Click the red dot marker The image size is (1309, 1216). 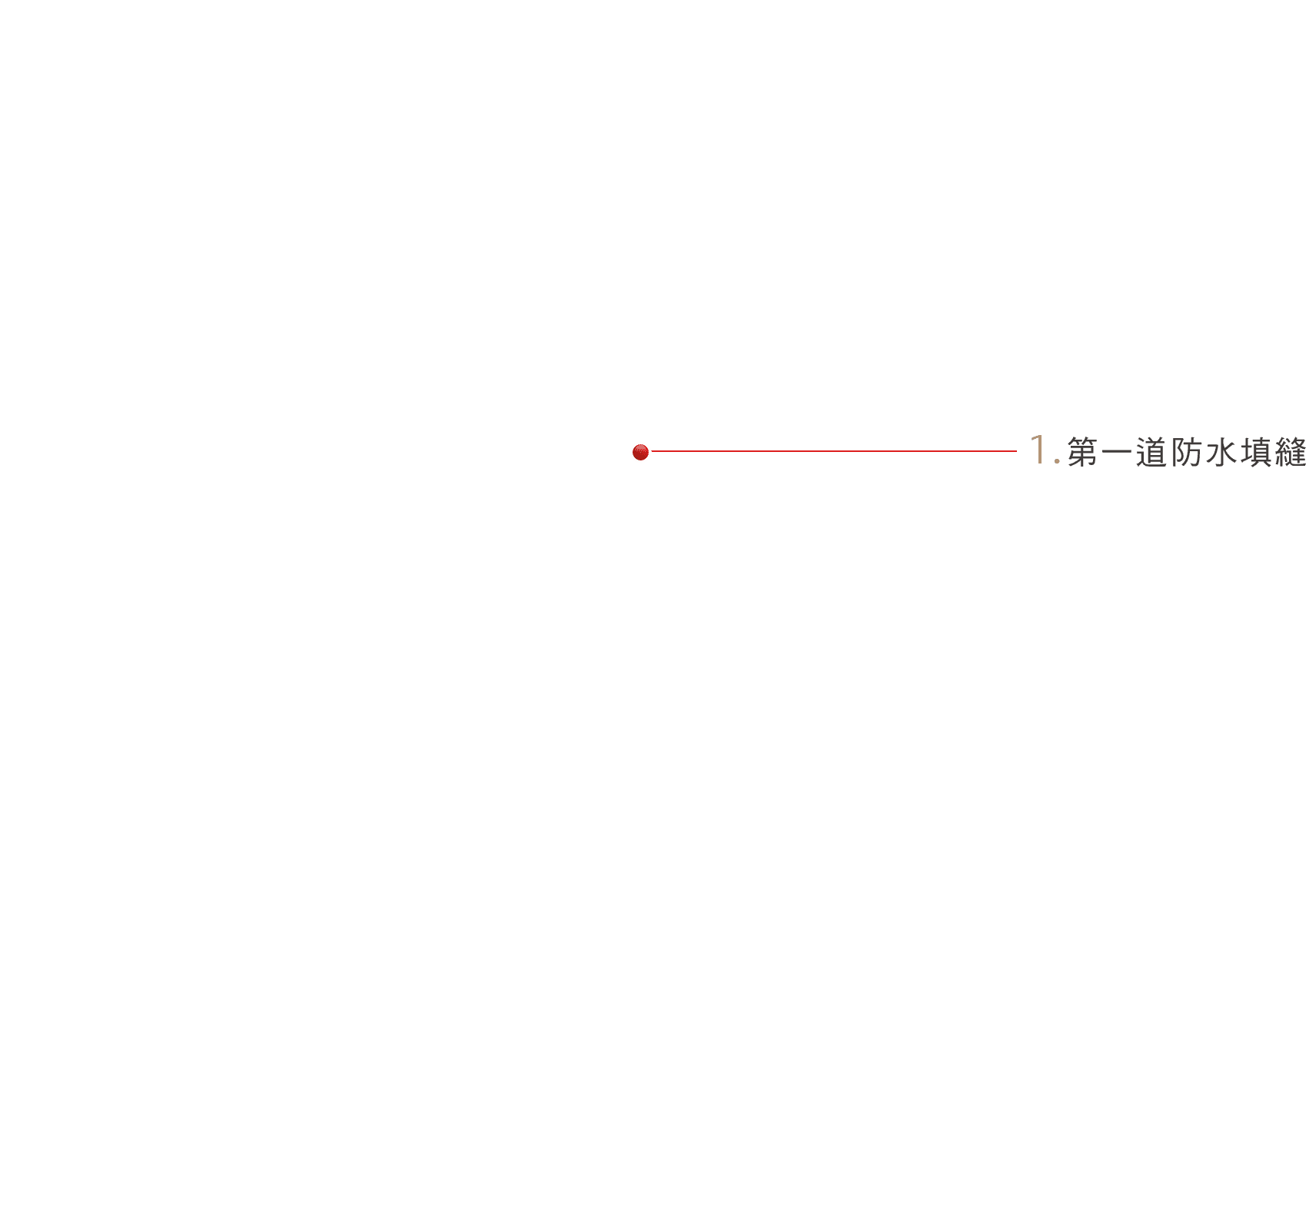640,452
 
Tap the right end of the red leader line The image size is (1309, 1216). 1017,451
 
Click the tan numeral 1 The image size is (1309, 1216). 1038,449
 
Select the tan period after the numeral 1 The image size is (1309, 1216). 1057,461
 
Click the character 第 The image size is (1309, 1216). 1082,452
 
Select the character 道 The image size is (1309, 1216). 1151,452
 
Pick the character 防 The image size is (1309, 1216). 1186,452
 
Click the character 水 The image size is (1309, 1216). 1221,452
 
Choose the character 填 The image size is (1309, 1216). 1255,452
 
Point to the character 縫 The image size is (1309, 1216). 1291,452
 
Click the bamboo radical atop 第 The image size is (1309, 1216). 1082,441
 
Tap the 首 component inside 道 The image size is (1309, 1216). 1156,450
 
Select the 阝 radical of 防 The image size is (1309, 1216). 1177,452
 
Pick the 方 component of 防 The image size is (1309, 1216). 1192,452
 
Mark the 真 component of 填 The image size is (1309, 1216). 1261,452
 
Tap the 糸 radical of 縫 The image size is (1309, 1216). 1281,452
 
